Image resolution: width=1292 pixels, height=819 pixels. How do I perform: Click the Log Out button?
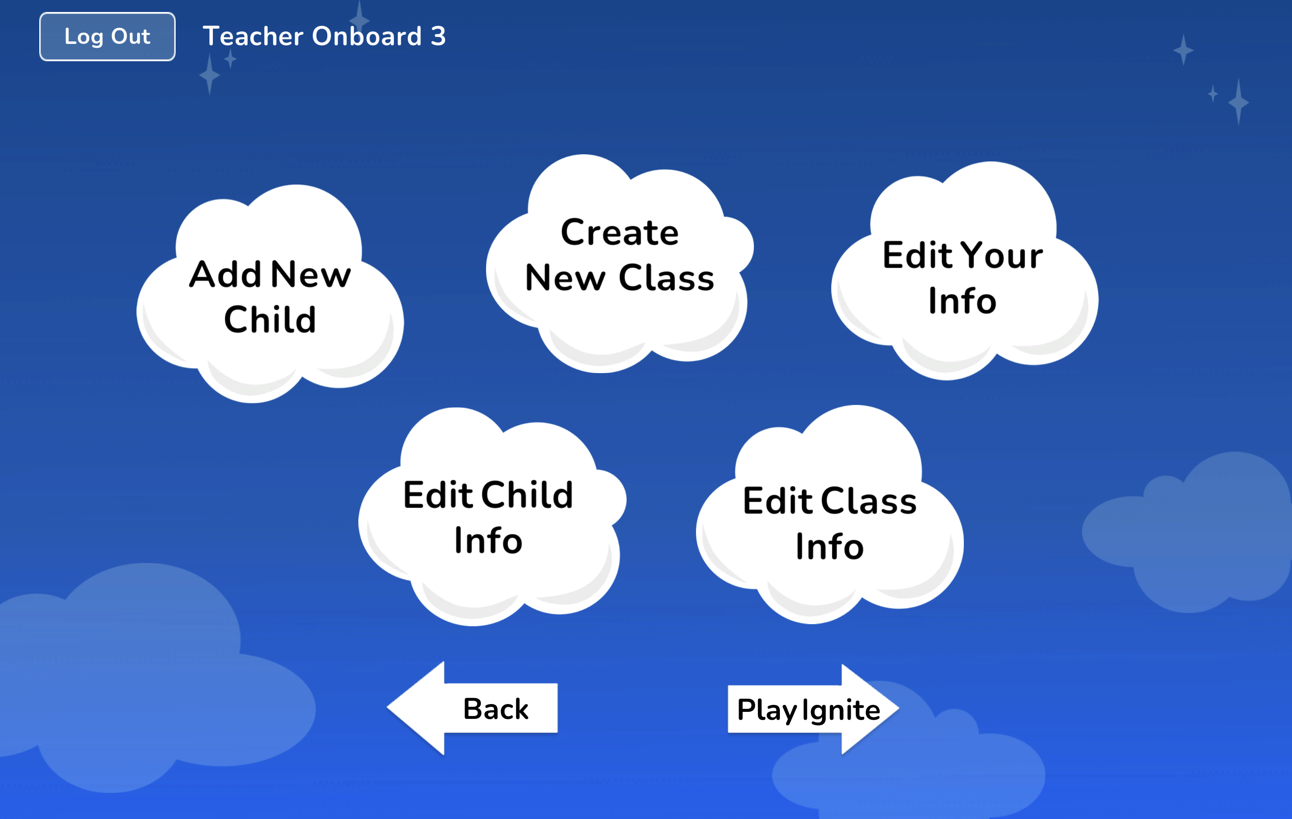[107, 36]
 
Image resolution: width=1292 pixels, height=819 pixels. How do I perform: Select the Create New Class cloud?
[620, 263]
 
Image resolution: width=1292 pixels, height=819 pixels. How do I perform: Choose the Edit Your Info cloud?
[964, 271]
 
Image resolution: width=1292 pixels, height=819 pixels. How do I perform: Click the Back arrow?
[472, 708]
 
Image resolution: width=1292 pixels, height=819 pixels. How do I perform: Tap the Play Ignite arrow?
[813, 709]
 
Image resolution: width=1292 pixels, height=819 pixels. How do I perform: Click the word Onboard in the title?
[367, 36]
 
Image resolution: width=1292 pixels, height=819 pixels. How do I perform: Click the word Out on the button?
[130, 36]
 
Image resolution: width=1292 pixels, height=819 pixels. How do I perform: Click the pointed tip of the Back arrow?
[387, 707]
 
